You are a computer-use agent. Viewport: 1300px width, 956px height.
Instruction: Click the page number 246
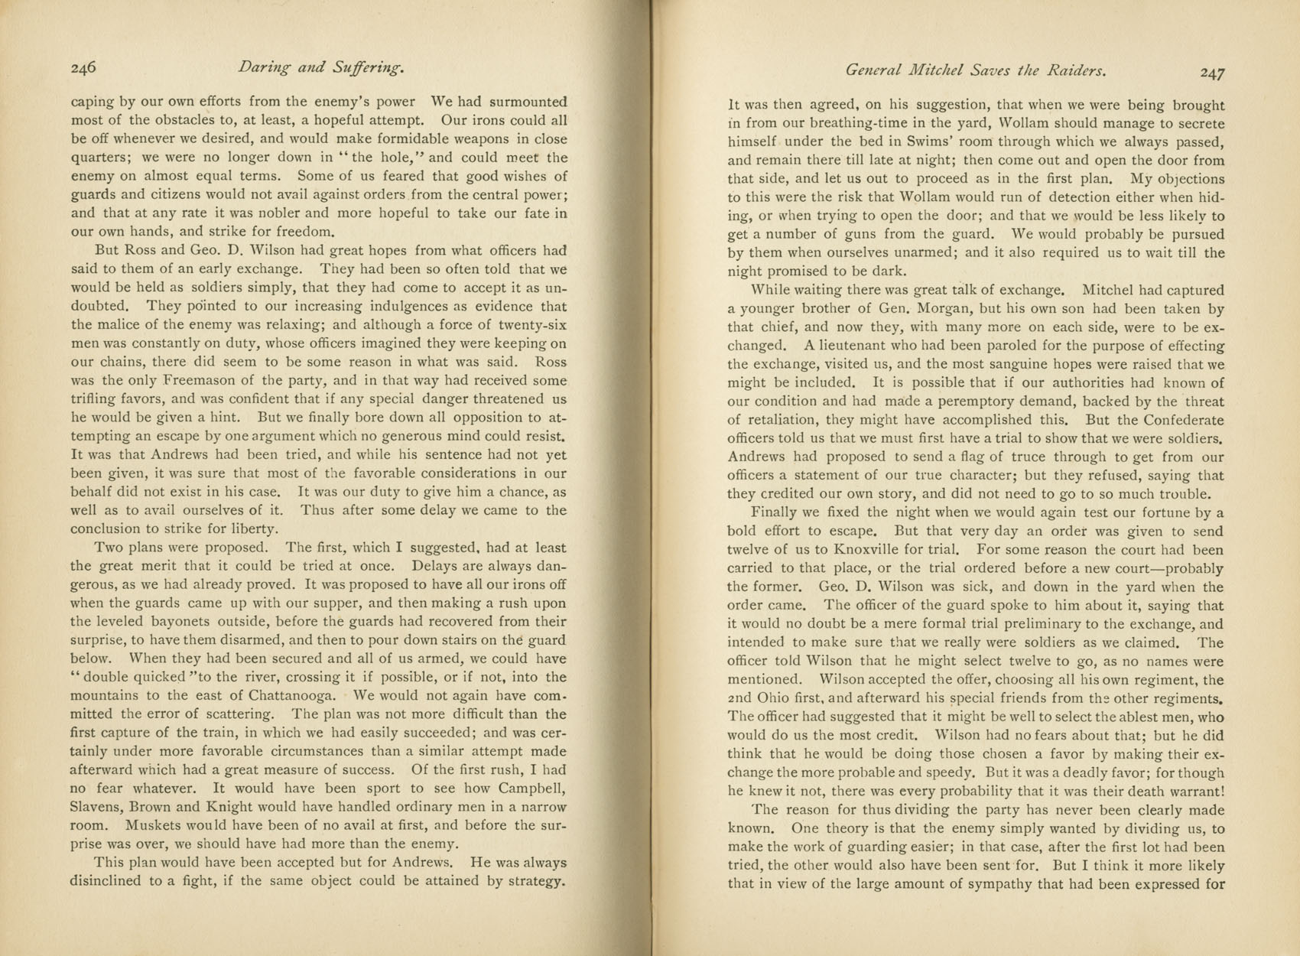pyautogui.click(x=83, y=68)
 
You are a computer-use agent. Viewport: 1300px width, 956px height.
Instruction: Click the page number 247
pyautogui.click(x=1212, y=72)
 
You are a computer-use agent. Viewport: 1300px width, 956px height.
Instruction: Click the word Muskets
pyautogui.click(x=155, y=824)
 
